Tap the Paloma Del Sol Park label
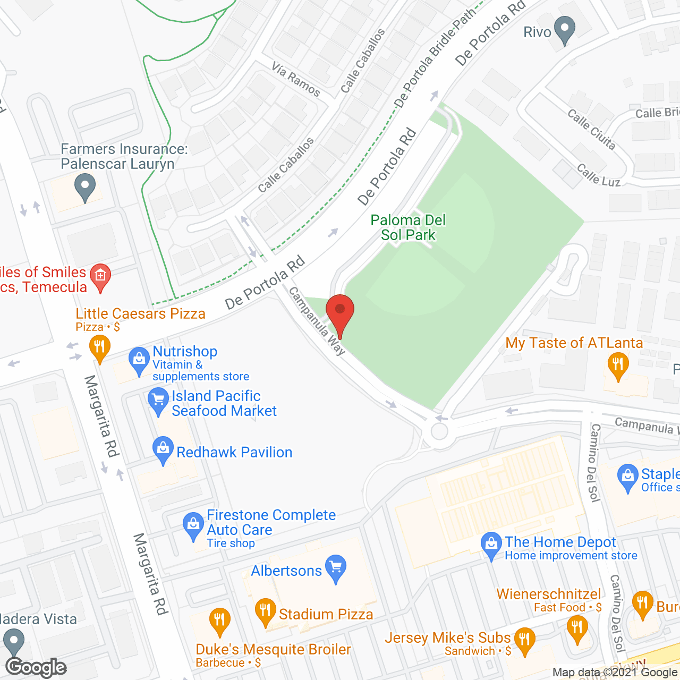point(408,227)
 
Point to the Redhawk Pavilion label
point(234,452)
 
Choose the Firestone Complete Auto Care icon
point(192,525)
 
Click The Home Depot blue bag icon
point(491,545)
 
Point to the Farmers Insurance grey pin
point(84,188)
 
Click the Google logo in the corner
point(36,667)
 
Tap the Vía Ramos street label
point(296,79)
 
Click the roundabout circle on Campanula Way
point(439,431)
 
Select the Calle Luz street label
point(598,175)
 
